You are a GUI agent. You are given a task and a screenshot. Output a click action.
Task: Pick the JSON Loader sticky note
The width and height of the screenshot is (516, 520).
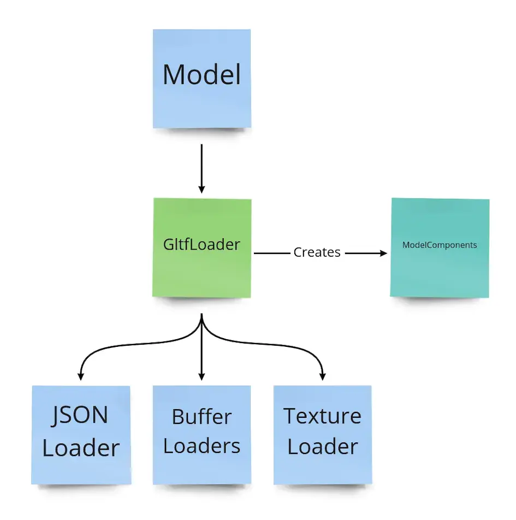tap(81, 434)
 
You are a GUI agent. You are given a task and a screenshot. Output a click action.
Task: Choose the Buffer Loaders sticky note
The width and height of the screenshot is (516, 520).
tap(202, 434)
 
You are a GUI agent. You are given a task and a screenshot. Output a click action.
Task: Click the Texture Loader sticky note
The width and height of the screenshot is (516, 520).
tap(322, 434)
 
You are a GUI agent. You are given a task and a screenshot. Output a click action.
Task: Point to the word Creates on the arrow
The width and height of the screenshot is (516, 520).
tap(317, 252)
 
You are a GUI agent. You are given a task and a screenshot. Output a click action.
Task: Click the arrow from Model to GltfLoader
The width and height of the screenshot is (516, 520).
tap(202, 167)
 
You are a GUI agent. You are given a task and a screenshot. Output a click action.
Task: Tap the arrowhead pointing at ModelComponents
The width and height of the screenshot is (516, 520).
tap(383, 253)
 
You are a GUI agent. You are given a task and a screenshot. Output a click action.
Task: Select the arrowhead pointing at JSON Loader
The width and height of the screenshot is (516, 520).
tap(81, 376)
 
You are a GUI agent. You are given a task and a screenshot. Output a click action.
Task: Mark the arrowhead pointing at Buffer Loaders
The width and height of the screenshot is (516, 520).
tap(202, 376)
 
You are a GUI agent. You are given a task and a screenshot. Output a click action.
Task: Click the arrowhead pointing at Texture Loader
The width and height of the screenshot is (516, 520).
tap(322, 376)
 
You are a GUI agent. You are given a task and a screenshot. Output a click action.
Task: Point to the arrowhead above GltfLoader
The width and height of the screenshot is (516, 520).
tap(202, 189)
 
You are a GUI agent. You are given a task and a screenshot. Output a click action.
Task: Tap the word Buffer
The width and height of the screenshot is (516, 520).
tap(201, 417)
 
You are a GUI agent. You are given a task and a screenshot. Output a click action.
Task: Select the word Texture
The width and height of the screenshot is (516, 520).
tap(322, 416)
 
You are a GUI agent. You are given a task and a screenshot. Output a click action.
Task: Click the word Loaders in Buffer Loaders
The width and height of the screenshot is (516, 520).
tap(201, 446)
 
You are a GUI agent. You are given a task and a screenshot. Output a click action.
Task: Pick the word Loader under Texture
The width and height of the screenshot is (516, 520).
tap(322, 447)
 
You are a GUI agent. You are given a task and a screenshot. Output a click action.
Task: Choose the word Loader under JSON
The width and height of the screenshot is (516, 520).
tap(81, 448)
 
